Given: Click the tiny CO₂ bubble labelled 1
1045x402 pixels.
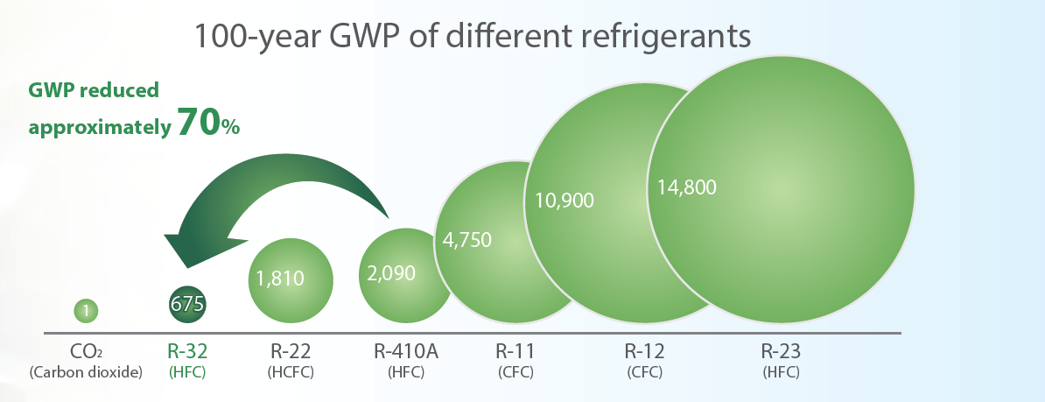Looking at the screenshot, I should pos(86,309).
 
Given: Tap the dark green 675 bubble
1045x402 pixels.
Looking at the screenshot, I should pos(186,304).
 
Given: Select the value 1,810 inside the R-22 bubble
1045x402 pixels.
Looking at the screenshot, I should pos(280,279).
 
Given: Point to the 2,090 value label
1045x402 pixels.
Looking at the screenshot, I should pos(391,272).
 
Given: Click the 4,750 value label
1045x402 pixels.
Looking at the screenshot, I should pos(467,240).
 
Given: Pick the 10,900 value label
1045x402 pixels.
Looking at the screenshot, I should pos(564,200).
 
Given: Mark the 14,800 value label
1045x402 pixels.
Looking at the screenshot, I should pos(687,187).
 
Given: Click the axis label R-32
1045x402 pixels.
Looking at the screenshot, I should pos(186,352).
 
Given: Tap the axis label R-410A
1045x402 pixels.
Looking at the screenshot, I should pos(405,352).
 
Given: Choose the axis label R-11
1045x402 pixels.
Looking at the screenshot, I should pos(515,352).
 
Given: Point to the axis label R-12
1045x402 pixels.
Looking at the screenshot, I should pos(644,352).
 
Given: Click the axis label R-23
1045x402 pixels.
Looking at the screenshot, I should pos(781,352).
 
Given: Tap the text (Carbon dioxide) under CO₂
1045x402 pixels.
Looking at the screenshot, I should pos(86,372).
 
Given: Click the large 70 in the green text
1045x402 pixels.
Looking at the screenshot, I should pos(197,123).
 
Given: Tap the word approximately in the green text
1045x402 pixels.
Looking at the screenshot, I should pos(99,127).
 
